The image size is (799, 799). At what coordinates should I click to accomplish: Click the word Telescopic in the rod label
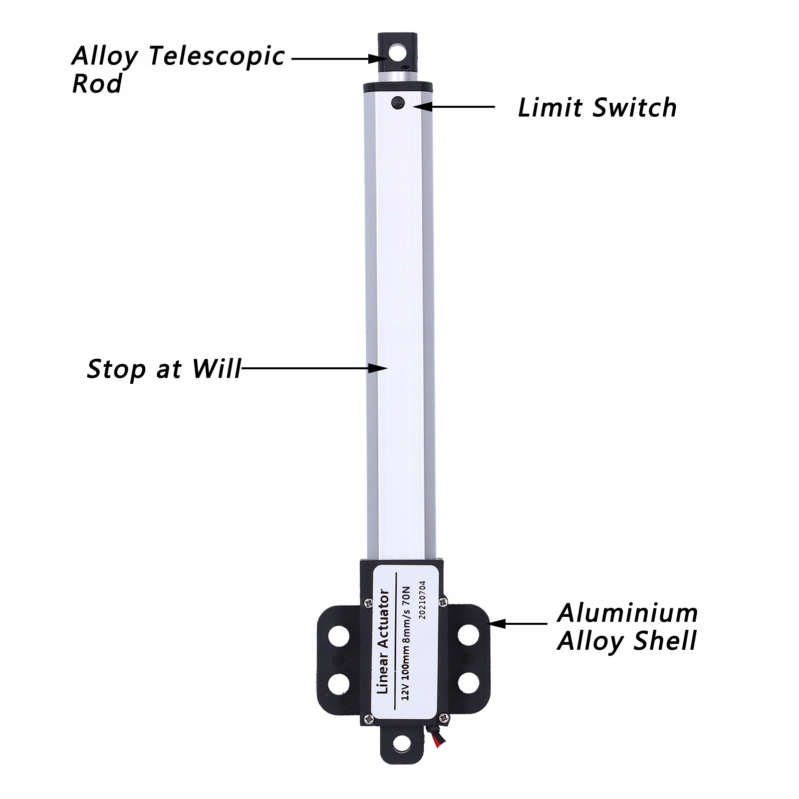(217, 56)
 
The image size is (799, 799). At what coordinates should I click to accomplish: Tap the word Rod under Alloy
(97, 84)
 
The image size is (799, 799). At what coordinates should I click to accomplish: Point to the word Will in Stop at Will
(217, 369)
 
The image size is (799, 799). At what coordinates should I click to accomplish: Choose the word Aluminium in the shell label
(627, 613)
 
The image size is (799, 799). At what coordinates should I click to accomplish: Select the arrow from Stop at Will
(314, 368)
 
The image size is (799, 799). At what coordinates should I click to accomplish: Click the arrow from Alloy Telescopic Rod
(337, 58)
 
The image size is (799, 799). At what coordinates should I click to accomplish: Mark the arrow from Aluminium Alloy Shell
(519, 623)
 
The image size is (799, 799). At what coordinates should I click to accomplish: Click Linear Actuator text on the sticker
(383, 642)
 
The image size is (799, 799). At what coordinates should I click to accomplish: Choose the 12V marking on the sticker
(405, 691)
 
